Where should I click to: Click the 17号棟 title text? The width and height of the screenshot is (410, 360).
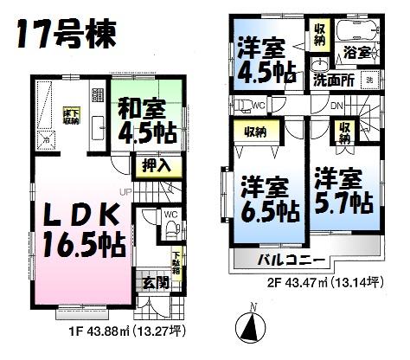click(x=66, y=35)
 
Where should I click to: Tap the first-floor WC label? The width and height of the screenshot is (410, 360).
click(x=171, y=213)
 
